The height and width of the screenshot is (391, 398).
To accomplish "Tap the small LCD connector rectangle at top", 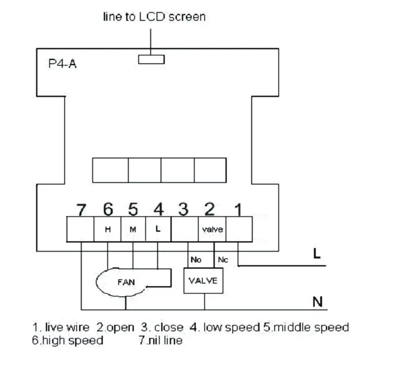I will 151,59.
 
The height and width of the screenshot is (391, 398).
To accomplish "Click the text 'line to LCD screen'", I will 154,17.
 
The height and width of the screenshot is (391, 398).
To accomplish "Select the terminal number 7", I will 81,209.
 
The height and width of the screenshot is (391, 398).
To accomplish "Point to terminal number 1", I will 238,209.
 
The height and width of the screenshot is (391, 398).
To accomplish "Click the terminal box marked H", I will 107,229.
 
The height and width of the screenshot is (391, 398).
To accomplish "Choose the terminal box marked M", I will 133,229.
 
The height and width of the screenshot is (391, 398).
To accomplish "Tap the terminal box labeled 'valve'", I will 212,229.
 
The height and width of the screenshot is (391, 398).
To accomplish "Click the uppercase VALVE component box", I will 203,281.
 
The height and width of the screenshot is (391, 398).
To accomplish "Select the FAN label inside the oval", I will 126,282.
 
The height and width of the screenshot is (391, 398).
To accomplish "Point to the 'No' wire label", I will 196,260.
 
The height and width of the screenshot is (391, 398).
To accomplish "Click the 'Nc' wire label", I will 223,260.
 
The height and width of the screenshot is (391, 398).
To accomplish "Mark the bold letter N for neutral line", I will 317,302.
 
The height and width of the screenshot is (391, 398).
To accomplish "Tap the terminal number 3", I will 183,209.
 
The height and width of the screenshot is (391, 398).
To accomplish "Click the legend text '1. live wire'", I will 61,327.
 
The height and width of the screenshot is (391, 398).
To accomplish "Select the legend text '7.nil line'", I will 160,340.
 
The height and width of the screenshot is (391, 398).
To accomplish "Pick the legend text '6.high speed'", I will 68,340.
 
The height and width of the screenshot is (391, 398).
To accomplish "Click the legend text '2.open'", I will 115,327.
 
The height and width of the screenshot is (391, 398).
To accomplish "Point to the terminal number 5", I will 133,209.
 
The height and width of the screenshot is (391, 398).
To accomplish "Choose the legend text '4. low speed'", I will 224,327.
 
